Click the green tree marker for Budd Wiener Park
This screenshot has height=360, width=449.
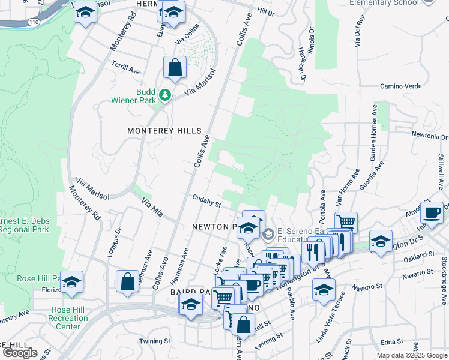164,95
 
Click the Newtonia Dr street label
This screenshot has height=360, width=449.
429,135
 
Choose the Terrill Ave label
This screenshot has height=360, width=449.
126,69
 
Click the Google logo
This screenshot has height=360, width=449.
19,353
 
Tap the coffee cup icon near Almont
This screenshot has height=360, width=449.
432,212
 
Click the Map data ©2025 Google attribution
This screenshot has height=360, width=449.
411,355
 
